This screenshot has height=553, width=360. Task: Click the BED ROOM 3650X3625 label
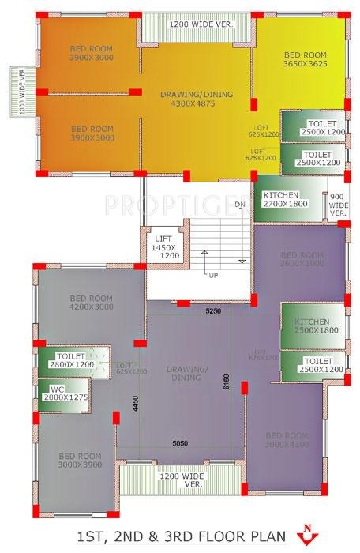pyautogui.click(x=299, y=60)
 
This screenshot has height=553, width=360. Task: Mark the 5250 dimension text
pyautogui.click(x=214, y=310)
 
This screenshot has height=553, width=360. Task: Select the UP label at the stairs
pyautogui.click(x=212, y=275)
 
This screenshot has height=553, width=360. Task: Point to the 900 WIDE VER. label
pyautogui.click(x=338, y=205)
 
